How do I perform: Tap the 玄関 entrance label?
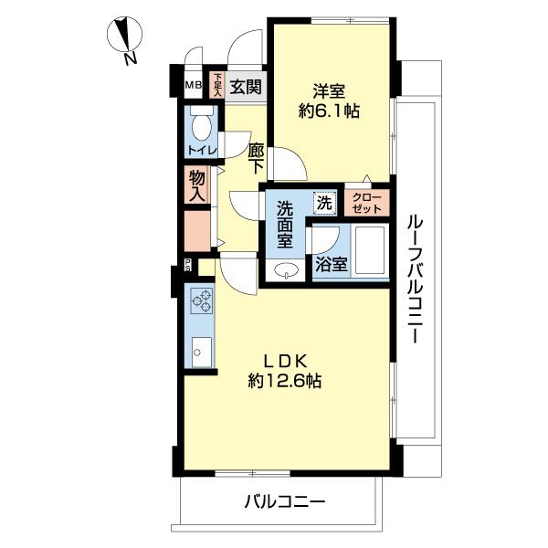click(246, 87)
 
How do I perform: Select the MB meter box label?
click(194, 85)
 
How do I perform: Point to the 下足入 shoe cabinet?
click(217, 85)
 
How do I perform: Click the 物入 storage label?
click(196, 186)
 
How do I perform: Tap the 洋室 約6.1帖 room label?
click(329, 101)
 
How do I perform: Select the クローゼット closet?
click(366, 203)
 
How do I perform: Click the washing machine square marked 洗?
click(324, 203)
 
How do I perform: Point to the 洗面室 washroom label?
click(285, 226)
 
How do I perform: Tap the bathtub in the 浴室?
click(370, 251)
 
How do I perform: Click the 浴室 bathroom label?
click(332, 265)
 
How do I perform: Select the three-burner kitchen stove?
click(202, 300)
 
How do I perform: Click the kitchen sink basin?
click(202, 352)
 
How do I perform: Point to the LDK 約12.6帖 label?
click(285, 371)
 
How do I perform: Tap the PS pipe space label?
click(188, 265)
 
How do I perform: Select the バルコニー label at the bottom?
click(285, 502)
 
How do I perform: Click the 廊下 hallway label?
click(256, 158)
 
